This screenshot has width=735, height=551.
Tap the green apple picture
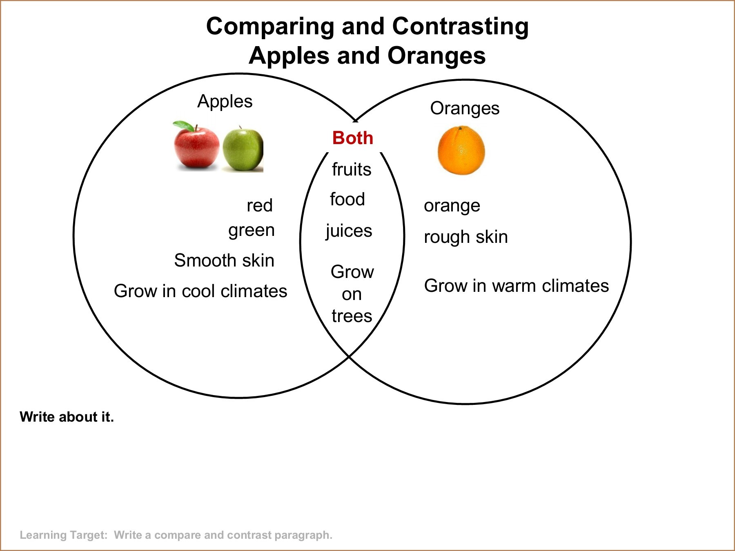pyautogui.click(x=243, y=149)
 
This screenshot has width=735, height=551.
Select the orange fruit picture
pyautogui.click(x=461, y=150)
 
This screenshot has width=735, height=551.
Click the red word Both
pyautogui.click(x=353, y=138)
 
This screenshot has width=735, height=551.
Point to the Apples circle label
pyautogui.click(x=225, y=102)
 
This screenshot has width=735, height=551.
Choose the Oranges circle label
pyautogui.click(x=465, y=109)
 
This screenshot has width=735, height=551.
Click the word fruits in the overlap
pyautogui.click(x=352, y=169)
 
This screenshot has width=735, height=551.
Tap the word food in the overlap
pyautogui.click(x=347, y=199)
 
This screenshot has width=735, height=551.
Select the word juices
pyautogui.click(x=349, y=231)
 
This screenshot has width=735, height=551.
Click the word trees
pyautogui.click(x=352, y=316)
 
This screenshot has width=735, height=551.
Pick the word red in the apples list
pyautogui.click(x=260, y=205)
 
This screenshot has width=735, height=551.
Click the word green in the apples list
pyautogui.click(x=252, y=231)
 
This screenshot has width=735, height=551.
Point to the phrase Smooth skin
pyautogui.click(x=224, y=260)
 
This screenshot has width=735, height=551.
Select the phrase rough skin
pyautogui.click(x=466, y=237)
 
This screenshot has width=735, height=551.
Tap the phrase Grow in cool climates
pyautogui.click(x=200, y=291)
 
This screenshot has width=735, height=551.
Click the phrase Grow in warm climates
pyautogui.click(x=517, y=286)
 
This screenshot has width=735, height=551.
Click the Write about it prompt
pyautogui.click(x=67, y=417)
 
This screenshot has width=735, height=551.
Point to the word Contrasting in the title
pyautogui.click(x=461, y=27)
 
